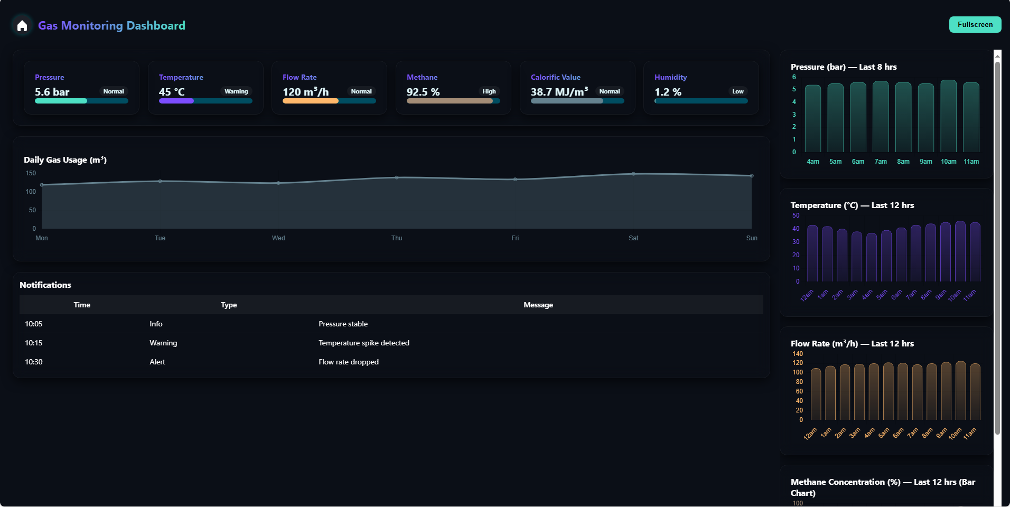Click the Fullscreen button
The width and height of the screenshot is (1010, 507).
coord(975,25)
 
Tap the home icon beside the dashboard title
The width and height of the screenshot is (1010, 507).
coord(22,25)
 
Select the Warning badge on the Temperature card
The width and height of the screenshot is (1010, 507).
coord(236,91)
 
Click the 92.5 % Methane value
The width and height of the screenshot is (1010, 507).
coord(423,92)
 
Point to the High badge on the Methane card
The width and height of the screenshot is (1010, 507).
coord(489,91)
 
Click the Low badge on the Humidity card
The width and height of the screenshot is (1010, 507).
coord(737,91)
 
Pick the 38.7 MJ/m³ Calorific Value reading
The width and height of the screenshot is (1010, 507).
coord(559,92)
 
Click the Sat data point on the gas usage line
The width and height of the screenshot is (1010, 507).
coord(633,174)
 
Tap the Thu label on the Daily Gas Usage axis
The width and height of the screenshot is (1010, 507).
coord(397,238)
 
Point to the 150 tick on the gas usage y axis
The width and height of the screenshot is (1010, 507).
coord(31,173)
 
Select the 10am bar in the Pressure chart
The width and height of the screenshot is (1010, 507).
coord(948,116)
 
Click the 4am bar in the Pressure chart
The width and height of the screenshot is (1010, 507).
coord(813,119)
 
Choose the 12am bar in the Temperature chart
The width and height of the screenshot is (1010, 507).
coord(812,253)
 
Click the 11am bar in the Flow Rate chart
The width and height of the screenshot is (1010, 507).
coord(975,392)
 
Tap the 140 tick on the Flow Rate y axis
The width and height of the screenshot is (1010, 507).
coord(797,354)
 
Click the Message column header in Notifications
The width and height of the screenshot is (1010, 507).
coord(538,305)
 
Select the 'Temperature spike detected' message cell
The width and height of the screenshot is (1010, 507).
coord(364,343)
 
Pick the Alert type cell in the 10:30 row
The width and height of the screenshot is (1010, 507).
coord(157,362)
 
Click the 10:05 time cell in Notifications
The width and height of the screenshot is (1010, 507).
coord(34,324)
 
